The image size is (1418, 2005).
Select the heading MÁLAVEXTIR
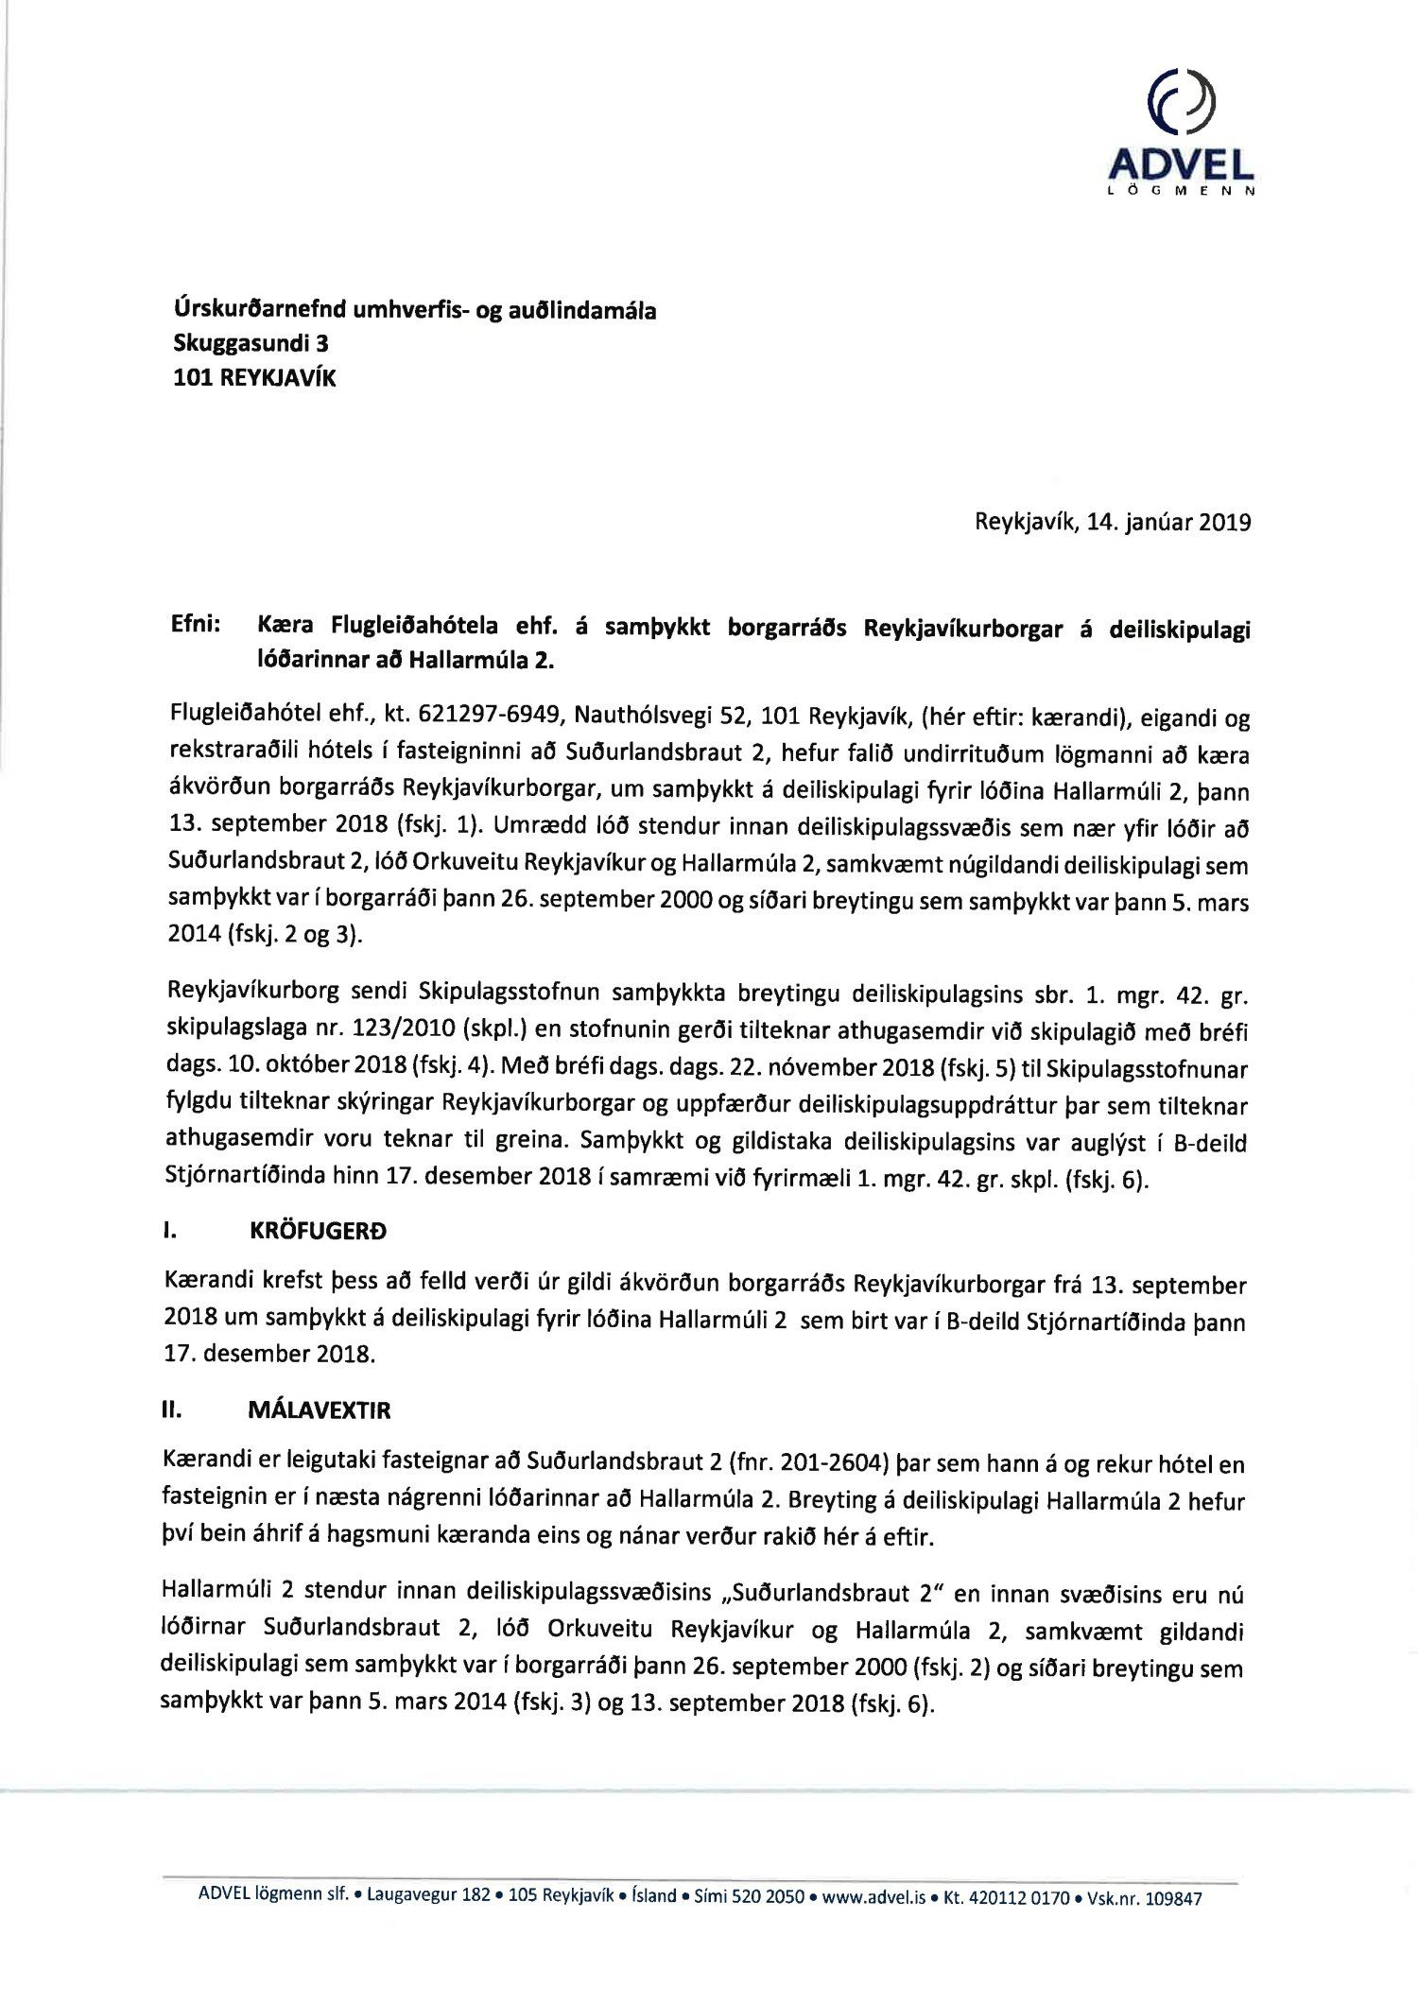click(x=319, y=1410)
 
